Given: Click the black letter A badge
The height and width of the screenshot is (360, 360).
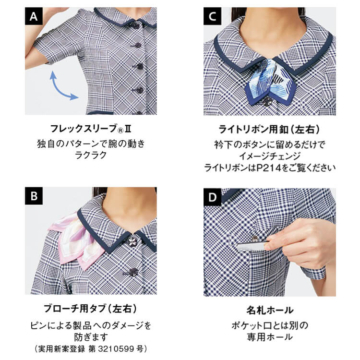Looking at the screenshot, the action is coord(34,16).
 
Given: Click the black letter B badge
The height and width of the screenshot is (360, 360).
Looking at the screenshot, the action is coord(34,196).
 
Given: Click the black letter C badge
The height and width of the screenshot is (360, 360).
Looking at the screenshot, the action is coord(212,16).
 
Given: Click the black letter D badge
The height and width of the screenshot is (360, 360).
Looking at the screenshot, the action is coord(212,197).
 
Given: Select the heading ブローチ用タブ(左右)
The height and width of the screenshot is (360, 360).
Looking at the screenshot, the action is coord(90,308).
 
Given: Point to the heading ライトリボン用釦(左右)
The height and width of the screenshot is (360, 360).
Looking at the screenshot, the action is coord(269,129).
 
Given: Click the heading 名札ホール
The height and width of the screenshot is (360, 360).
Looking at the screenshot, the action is coord(270,310).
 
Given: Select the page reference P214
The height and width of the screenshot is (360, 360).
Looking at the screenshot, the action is coord(269,168).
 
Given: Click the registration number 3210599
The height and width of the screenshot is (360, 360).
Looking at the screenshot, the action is coord(116,349).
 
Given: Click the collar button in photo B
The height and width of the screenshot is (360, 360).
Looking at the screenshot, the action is coord(132,241).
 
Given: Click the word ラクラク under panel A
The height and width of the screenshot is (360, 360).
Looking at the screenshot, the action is coord(91,155).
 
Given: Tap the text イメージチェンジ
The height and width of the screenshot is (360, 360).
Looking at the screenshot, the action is coord(270,156).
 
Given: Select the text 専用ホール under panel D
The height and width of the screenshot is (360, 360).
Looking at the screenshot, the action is coord(270,337).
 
